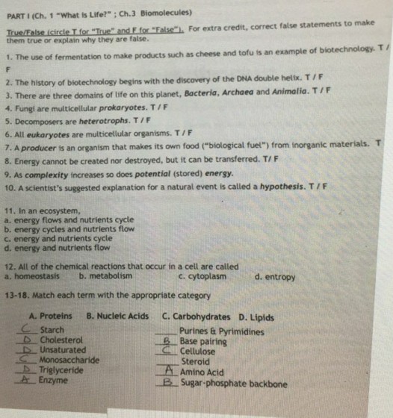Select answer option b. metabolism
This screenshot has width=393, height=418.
(x=105, y=277)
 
